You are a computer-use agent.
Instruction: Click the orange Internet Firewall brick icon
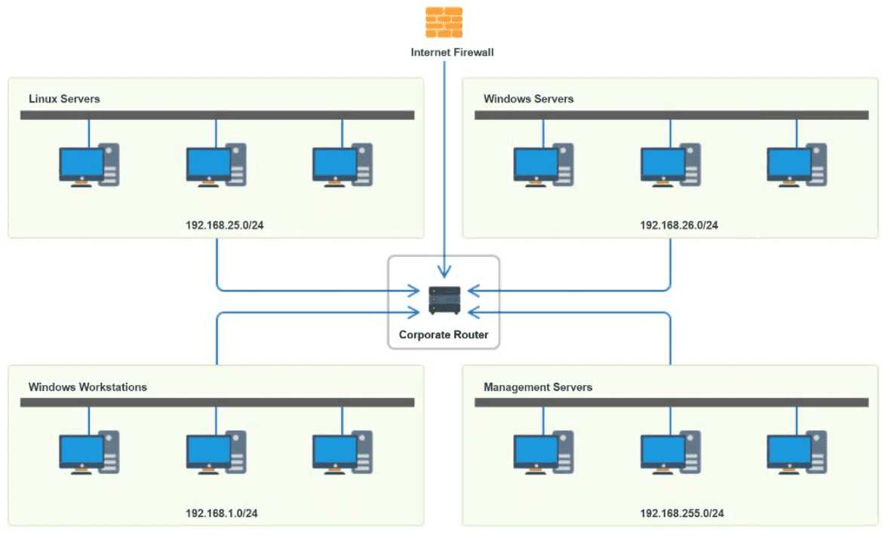coord(444,23)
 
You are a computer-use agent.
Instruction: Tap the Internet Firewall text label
coord(452,53)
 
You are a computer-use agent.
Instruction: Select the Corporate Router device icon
coord(444,301)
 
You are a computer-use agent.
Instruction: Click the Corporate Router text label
coord(444,335)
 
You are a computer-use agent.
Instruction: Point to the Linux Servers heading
coord(64,99)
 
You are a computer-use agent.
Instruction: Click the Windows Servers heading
coord(528,99)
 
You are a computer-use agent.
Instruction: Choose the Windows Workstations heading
coord(88,387)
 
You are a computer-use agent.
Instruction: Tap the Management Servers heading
coord(538,387)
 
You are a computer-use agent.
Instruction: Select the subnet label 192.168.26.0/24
coord(679,225)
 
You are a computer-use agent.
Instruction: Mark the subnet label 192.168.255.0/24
coord(682,513)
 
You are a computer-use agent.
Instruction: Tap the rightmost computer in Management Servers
coord(797,454)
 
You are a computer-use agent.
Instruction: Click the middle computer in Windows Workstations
coord(216,454)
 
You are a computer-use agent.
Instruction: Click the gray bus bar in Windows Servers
coord(671,115)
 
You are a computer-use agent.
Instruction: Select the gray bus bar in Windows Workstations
coord(217,402)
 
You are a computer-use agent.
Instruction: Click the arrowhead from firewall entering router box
coord(444,271)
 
